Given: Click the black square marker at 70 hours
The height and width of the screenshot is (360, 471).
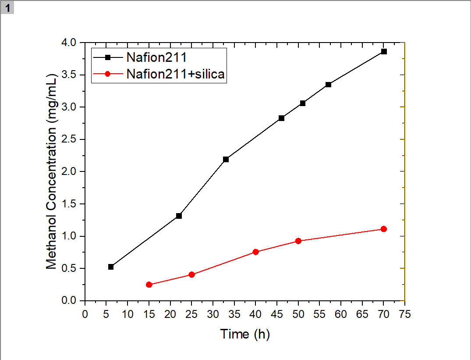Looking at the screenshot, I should coord(384,51).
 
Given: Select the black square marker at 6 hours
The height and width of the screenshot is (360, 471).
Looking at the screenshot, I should coord(111,267).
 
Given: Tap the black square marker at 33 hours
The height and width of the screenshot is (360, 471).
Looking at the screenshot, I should coord(226,159).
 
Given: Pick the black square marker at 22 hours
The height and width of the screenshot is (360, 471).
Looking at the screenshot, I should coord(179,216).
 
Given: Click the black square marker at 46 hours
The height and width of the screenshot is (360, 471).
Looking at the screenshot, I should coord(281,118).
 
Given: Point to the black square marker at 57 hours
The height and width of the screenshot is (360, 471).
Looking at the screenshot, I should coord(328,84).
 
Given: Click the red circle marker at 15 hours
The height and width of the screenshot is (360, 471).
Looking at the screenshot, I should coord(149,285).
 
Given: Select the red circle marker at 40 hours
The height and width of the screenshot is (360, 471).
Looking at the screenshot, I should coord(255,252).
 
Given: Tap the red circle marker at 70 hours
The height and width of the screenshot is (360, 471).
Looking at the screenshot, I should coord(384,229).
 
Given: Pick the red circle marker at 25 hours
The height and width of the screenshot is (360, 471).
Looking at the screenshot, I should coord(191,274).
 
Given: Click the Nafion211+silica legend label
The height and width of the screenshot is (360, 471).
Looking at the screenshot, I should coord(175,74).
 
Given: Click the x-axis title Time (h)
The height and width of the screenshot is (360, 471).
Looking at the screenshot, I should coord(245,334).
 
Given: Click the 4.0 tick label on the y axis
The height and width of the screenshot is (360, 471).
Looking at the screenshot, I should coord(69,43).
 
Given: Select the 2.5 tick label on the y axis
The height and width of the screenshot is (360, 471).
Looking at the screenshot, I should coord(69,139).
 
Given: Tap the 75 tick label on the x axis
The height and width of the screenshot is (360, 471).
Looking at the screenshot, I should coord(405,314).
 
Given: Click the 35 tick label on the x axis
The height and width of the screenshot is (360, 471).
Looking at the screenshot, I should coord(234,314).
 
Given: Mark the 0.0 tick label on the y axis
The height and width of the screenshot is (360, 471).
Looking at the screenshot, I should coord(69,301).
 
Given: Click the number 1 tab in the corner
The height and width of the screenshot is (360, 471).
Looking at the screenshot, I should coord(7,7).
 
